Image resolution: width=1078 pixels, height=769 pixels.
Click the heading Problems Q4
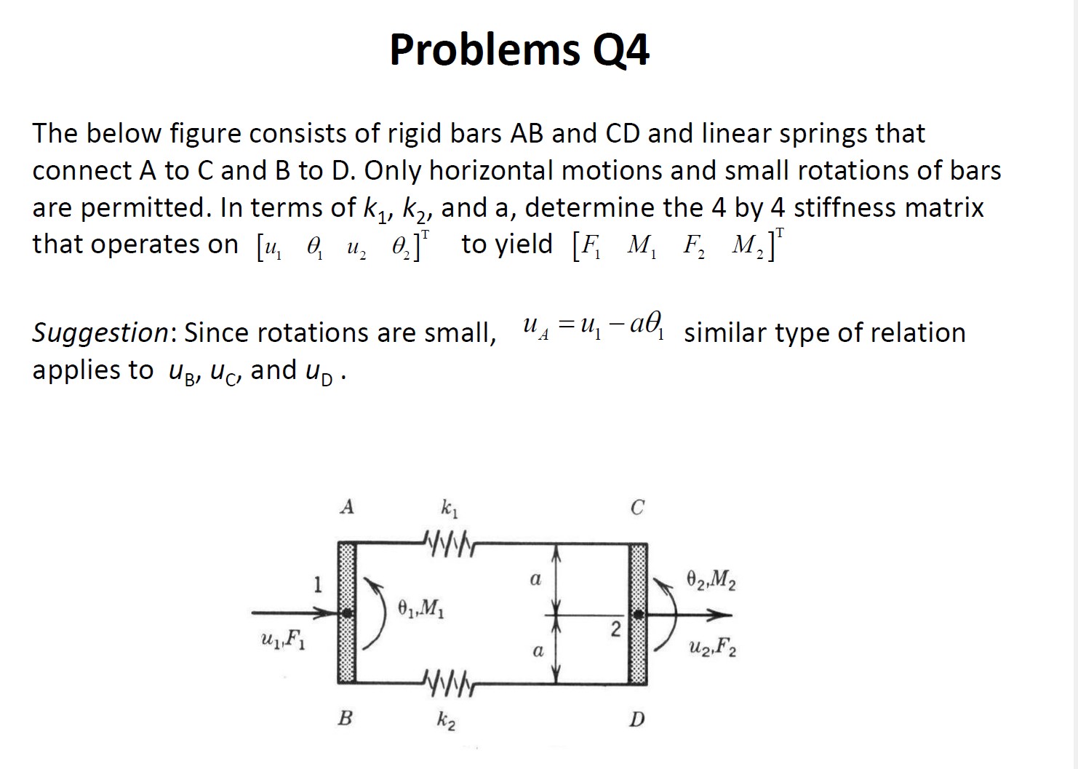pyautogui.click(x=519, y=49)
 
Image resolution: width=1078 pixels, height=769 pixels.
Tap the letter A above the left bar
pyautogui.click(x=347, y=506)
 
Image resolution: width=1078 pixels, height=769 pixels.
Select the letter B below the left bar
pyautogui.click(x=346, y=719)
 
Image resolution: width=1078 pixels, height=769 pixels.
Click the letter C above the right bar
pyautogui.click(x=637, y=507)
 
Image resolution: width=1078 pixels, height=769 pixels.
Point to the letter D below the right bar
pyautogui.click(x=637, y=720)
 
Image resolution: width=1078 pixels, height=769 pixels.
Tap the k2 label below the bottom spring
pyautogui.click(x=447, y=721)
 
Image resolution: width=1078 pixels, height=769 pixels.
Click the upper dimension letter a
pyautogui.click(x=535, y=580)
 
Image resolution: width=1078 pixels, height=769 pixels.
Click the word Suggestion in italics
pyautogui.click(x=100, y=332)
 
